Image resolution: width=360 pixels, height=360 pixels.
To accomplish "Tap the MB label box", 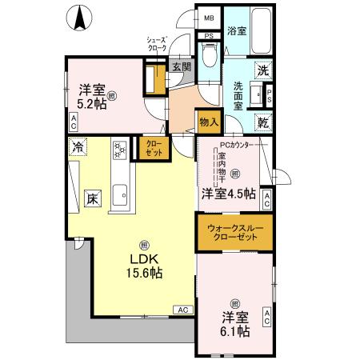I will coord(209,18).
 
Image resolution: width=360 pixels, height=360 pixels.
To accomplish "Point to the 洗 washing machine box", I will coord(262,70).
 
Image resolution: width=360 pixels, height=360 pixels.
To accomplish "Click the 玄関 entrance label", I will coord(181,67).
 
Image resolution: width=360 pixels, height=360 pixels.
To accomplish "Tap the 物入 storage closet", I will coord(208,122).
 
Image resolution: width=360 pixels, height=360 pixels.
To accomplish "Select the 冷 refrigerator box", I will coord(78,146).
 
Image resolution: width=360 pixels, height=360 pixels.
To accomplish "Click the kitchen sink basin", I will coord(122,194).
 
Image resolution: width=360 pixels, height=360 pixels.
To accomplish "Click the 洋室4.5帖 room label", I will coord(228,194).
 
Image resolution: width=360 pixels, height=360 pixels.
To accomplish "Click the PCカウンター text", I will coord(237,145).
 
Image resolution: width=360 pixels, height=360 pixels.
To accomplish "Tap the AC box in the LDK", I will coord(182,309).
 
